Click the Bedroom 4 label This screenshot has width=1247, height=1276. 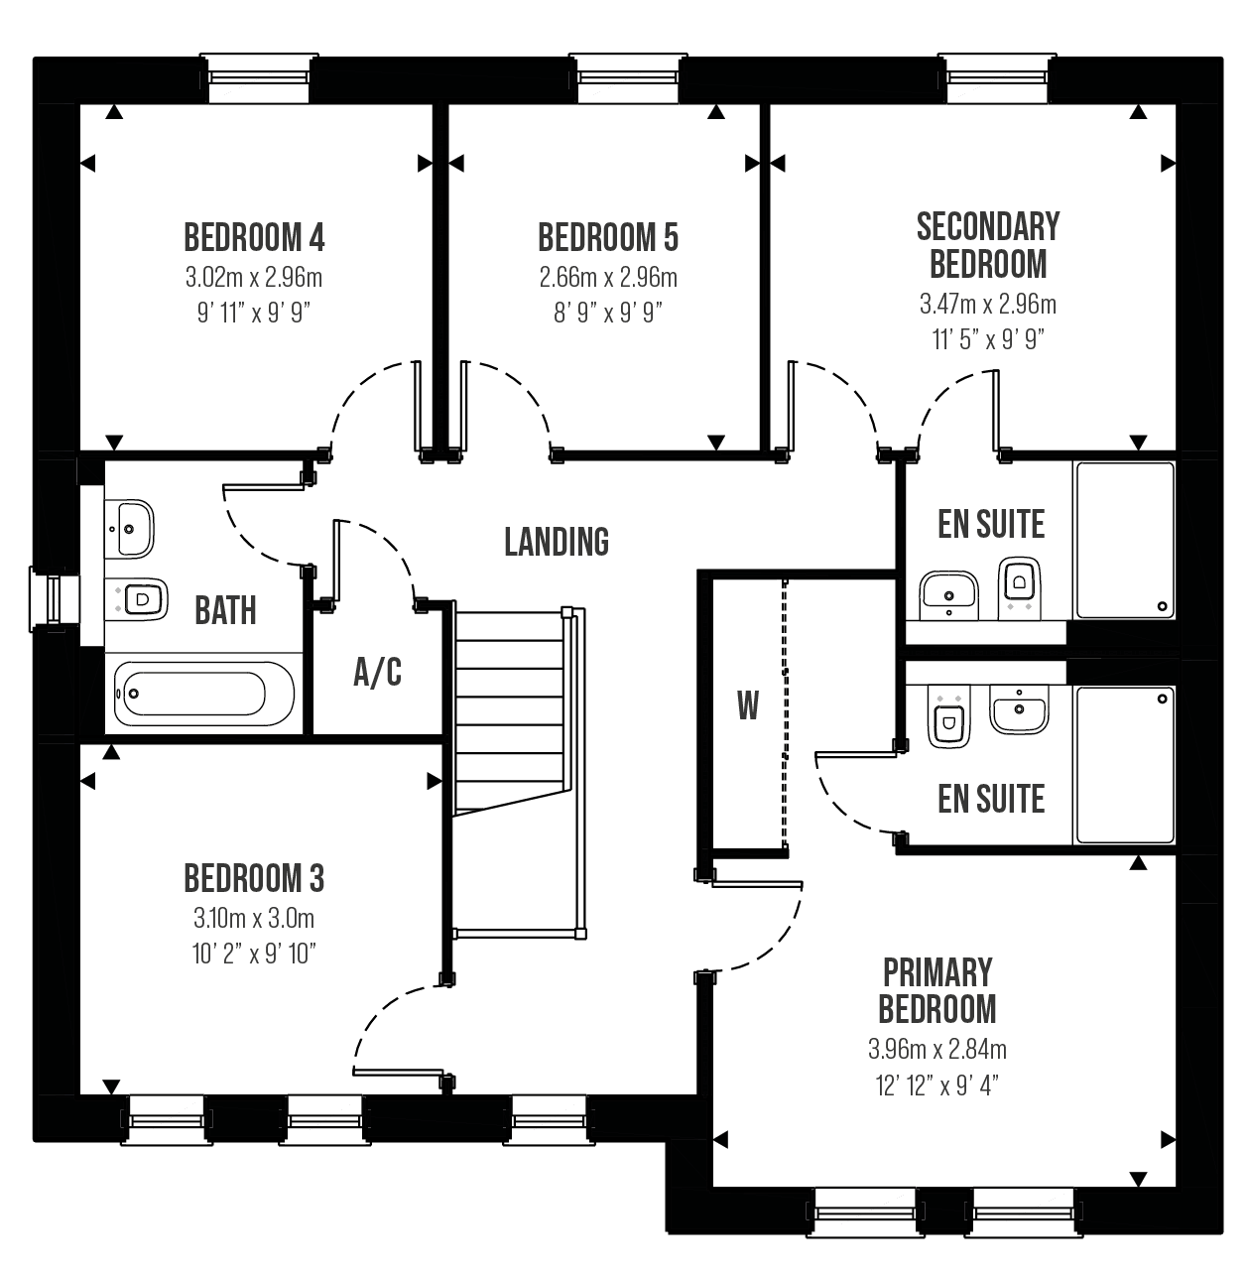(x=254, y=237)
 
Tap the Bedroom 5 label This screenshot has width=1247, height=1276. (x=608, y=237)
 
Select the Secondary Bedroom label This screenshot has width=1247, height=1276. (x=988, y=245)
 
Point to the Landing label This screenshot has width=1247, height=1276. (x=557, y=542)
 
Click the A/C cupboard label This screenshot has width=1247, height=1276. (x=378, y=672)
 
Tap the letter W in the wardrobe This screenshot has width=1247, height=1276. (x=748, y=705)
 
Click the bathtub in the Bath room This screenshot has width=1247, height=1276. (x=204, y=694)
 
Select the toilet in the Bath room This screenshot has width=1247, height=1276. (x=136, y=599)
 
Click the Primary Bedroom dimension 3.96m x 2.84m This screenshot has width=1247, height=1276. (x=937, y=1050)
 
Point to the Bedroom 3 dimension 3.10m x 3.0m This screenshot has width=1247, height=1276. (x=254, y=919)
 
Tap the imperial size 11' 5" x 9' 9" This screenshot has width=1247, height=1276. (x=988, y=339)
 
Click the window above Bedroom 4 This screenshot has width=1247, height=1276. (x=259, y=77)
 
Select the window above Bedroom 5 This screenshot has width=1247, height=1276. (x=628, y=77)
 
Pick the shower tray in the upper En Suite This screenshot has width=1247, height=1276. (x=1125, y=541)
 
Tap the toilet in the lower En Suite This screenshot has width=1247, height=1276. (x=948, y=717)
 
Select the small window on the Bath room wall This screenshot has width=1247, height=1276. (x=55, y=599)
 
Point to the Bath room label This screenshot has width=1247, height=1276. (x=225, y=610)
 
